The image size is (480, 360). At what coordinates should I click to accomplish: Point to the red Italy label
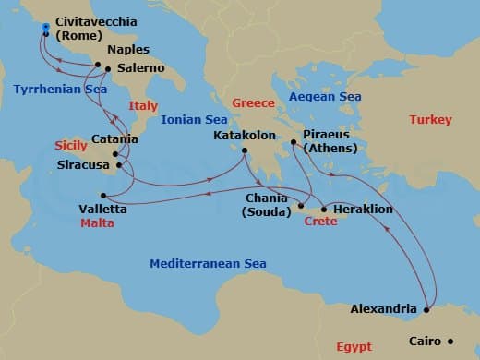(143, 106)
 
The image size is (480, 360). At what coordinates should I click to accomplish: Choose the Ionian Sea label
(193, 119)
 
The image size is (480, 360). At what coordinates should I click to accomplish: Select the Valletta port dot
(103, 195)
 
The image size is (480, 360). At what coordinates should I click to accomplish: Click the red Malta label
(97, 222)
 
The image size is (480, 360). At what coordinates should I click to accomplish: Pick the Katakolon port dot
(245, 150)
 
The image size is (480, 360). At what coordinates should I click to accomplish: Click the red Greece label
(253, 103)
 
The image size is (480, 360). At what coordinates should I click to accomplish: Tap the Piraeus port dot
(294, 142)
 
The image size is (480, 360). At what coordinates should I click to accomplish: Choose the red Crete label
(319, 222)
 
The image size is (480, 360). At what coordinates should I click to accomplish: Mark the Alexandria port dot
(426, 309)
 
